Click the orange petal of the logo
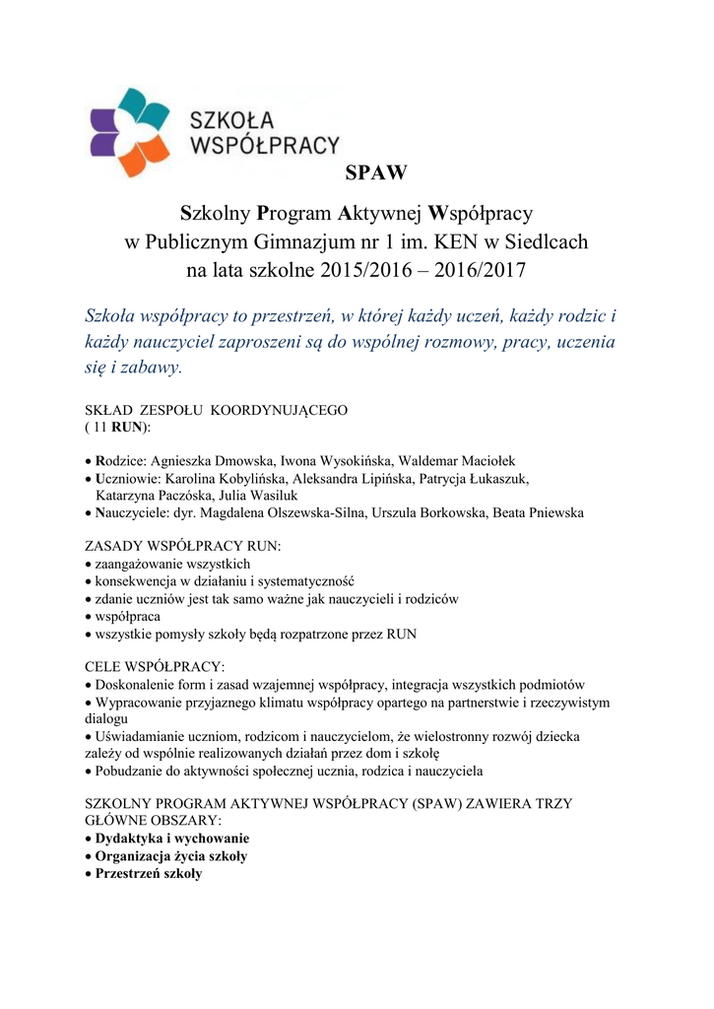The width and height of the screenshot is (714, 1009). point(134,158)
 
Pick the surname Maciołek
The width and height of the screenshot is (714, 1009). point(483,460)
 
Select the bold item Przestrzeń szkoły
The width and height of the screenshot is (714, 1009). point(148,874)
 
